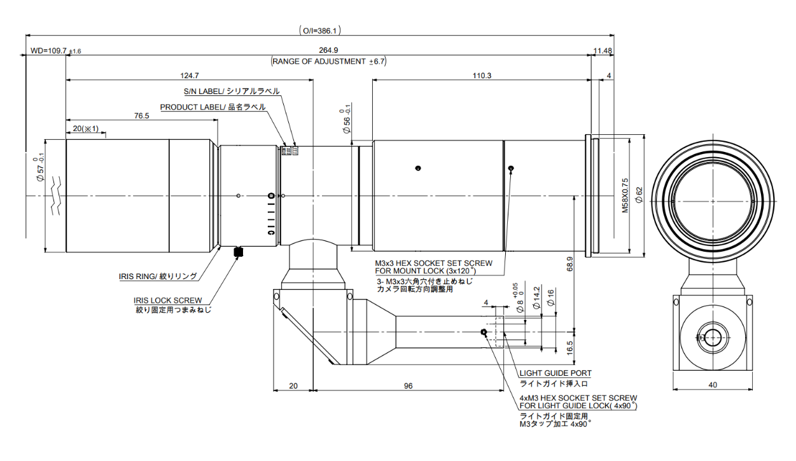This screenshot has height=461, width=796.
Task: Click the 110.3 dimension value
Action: point(482,75)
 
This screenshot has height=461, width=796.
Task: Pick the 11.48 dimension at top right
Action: point(603,51)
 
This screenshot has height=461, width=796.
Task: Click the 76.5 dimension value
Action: point(141,116)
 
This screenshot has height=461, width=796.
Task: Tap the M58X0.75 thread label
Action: point(625,195)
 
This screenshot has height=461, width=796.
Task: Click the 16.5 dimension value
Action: point(570,348)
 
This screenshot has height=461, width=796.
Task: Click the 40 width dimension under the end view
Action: point(712,385)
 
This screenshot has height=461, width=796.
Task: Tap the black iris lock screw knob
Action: point(239,252)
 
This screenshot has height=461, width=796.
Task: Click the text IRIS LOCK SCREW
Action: point(167,301)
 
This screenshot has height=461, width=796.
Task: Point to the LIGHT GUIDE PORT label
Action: point(555,373)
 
